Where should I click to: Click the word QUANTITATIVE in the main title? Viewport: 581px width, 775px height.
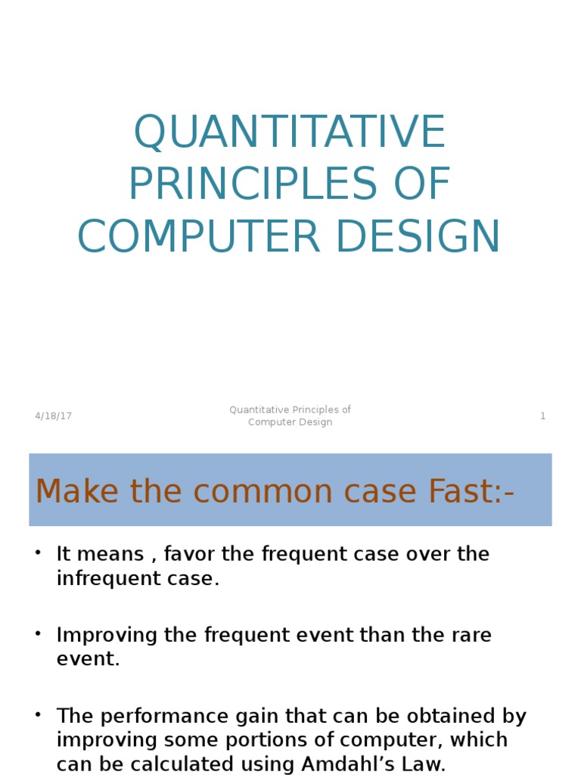(290, 133)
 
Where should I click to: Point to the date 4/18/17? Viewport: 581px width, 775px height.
(53, 416)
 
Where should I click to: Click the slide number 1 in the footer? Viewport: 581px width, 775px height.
(542, 416)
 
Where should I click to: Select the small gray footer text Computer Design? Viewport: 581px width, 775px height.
(290, 422)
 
